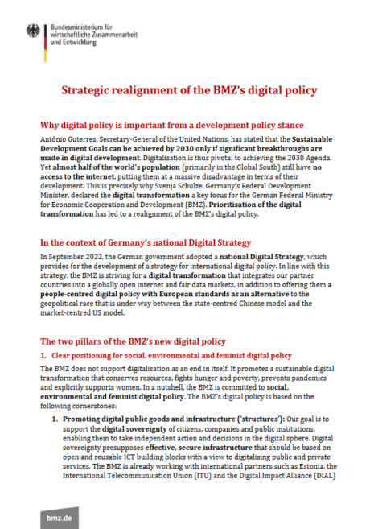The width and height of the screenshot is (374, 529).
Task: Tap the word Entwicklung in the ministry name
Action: click(x=80, y=42)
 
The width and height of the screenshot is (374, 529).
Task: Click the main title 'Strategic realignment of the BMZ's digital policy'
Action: click(x=187, y=90)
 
